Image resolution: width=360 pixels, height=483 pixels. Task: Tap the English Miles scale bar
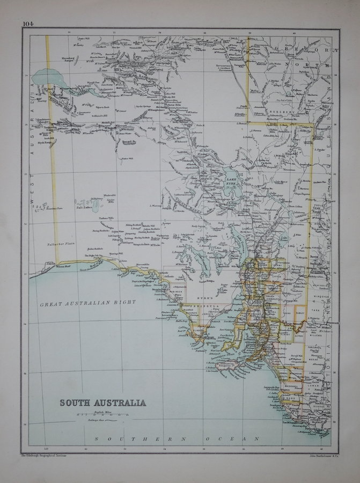[106, 415]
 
